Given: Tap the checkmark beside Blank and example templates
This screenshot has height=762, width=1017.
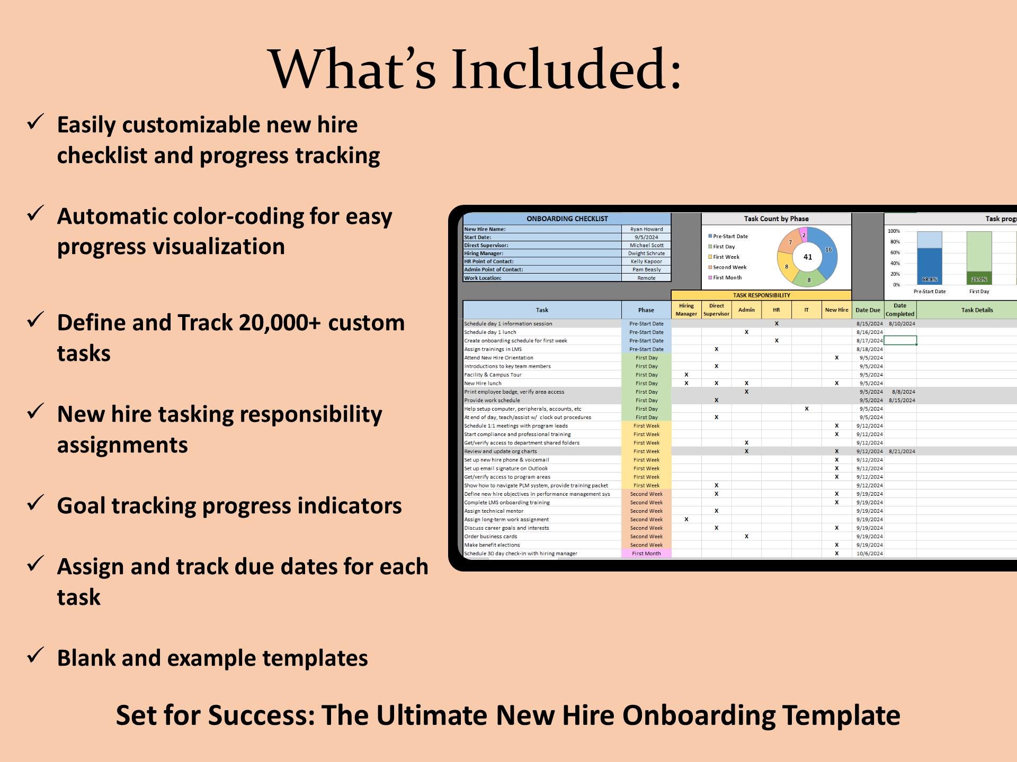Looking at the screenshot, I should (x=35, y=656).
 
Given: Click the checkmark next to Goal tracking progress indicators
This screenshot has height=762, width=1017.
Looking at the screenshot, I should (x=35, y=503).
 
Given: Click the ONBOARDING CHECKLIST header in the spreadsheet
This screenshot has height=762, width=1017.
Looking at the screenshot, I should (x=567, y=219).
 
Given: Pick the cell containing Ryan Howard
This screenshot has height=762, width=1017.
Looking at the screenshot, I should (x=646, y=229).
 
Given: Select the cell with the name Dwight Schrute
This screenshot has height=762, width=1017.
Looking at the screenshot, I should (x=646, y=253).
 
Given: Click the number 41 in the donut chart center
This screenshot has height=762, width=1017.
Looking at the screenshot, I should (x=807, y=257).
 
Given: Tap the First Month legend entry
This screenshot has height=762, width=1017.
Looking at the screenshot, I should (x=727, y=278).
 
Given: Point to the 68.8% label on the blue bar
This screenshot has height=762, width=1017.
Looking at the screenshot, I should (x=929, y=279).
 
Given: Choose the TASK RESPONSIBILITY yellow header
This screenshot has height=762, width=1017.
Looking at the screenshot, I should (x=761, y=295).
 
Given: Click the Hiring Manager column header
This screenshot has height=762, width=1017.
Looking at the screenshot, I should (x=686, y=310).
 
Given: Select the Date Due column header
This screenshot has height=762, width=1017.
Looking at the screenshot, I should (x=868, y=310).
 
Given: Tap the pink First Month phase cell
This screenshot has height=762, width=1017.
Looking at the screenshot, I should (x=646, y=554).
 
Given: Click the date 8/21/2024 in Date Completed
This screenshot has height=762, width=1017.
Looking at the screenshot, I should (x=902, y=451).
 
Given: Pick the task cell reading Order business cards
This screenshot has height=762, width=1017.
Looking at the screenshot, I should (x=490, y=537).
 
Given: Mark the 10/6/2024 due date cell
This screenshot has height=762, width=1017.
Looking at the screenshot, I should (x=869, y=554).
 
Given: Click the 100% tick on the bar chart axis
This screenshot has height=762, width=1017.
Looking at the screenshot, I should (x=894, y=231).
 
